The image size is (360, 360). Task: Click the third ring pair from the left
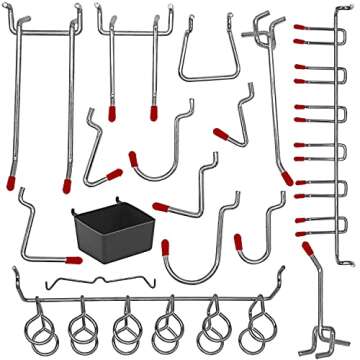tap(126, 322)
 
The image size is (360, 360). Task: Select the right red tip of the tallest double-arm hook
tap(65, 184)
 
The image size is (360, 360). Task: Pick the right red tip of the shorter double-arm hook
tap(154, 112)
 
